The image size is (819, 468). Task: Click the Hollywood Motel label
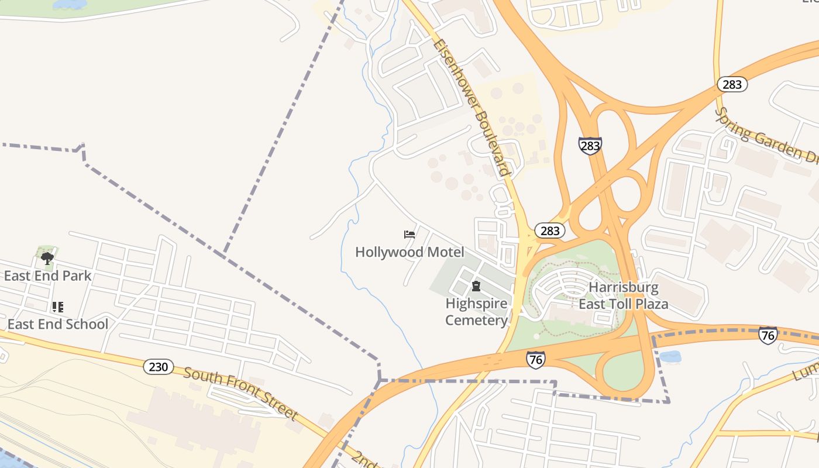409,252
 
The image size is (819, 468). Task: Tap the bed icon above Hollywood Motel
409,235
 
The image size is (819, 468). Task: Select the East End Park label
47,276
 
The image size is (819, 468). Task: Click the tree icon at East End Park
47,257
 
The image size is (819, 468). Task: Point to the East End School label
58,324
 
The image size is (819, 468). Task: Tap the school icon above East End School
57,307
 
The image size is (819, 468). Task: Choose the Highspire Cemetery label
476,312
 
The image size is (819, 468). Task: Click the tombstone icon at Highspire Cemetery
476,287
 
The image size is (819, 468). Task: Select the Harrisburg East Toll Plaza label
624,296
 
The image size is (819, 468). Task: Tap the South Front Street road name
240,394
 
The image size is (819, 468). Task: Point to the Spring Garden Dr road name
766,136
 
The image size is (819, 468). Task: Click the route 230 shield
159,367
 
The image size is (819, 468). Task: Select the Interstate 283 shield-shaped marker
590,146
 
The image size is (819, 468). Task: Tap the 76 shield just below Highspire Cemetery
535,359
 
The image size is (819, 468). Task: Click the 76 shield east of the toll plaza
768,335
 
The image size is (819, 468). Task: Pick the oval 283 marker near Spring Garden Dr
732,84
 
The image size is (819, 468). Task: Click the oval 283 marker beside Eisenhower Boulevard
550,230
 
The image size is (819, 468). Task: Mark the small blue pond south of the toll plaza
670,356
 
